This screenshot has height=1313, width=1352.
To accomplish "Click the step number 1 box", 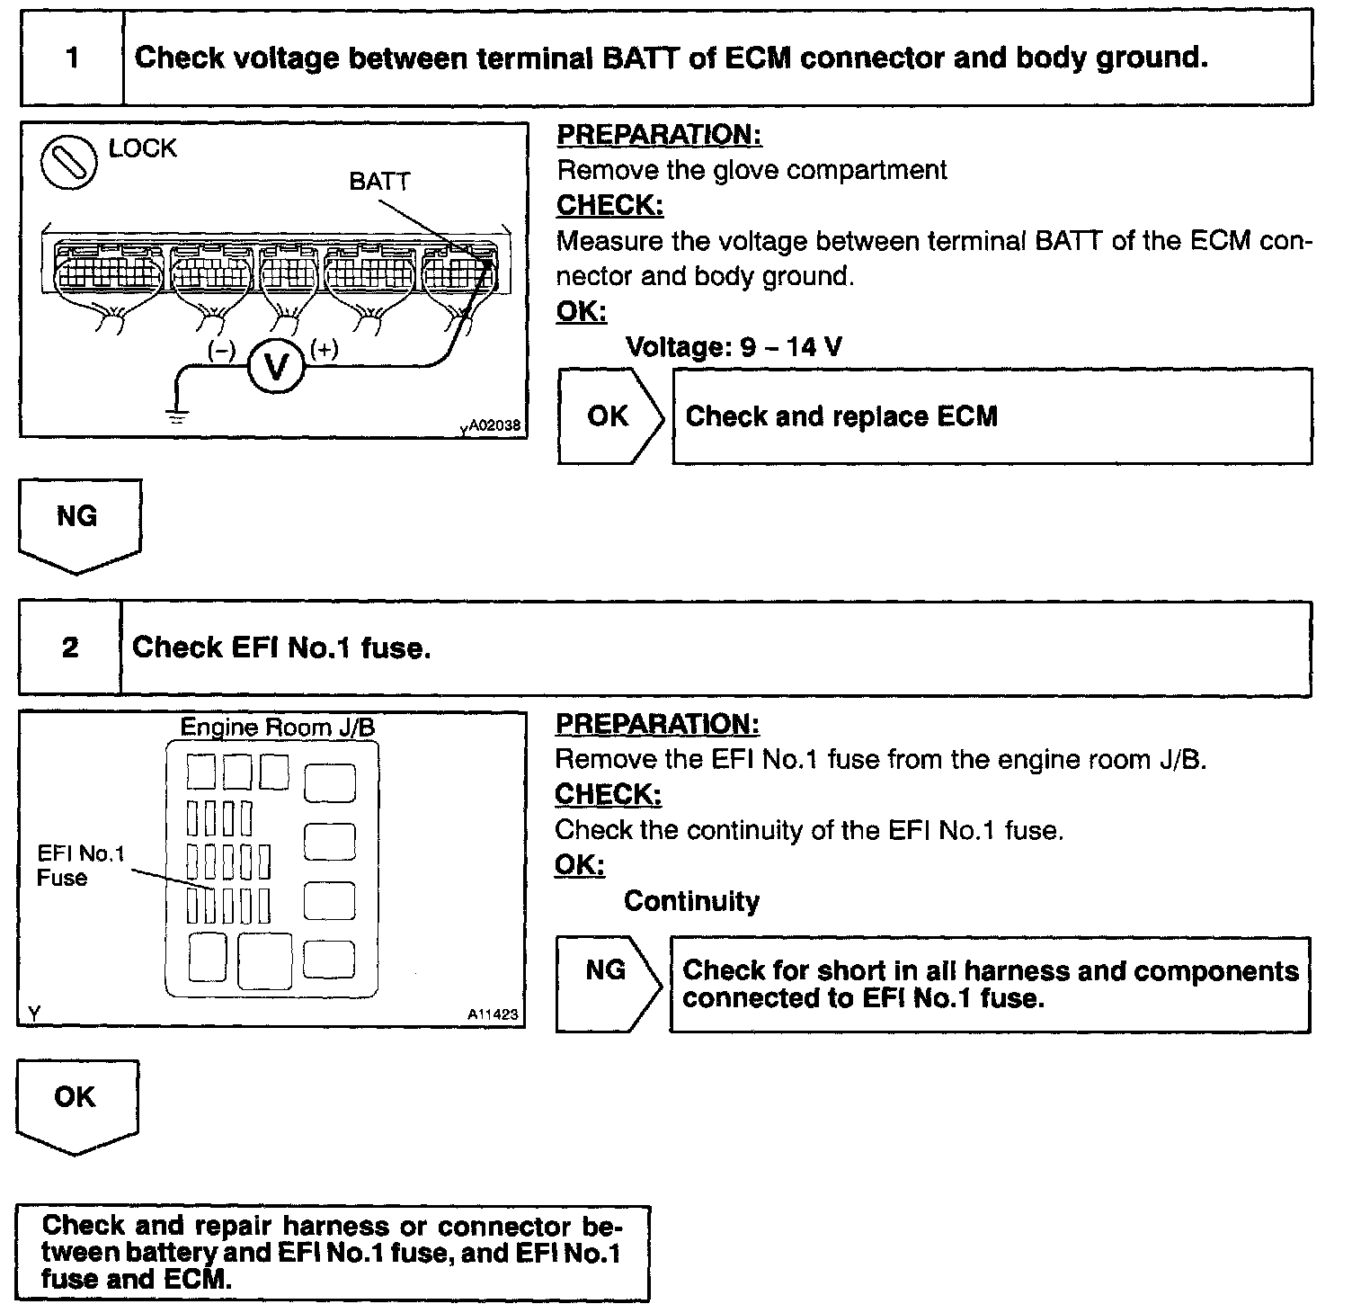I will (x=72, y=59).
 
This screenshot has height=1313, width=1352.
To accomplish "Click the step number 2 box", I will (x=70, y=648).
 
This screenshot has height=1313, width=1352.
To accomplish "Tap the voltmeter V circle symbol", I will (x=276, y=367).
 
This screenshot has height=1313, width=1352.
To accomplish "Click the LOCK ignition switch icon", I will (x=69, y=162).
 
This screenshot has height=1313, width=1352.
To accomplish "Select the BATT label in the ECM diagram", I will (x=378, y=182).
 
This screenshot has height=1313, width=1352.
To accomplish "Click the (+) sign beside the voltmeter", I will (x=324, y=349).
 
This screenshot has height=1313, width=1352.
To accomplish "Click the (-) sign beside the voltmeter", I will (x=221, y=350).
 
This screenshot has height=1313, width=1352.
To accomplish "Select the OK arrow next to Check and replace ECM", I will (x=609, y=416).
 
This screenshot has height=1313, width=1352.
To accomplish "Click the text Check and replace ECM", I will (x=841, y=417).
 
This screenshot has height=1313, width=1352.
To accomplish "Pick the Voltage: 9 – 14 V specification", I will (x=734, y=347).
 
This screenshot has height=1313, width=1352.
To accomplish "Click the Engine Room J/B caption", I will (x=277, y=727).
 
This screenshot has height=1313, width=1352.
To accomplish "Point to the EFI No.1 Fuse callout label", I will (x=80, y=865).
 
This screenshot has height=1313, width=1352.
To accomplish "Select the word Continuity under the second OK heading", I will (x=691, y=901).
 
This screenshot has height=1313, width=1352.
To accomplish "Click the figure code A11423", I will (x=492, y=1014).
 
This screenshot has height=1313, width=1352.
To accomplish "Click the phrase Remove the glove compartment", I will (x=752, y=170).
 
